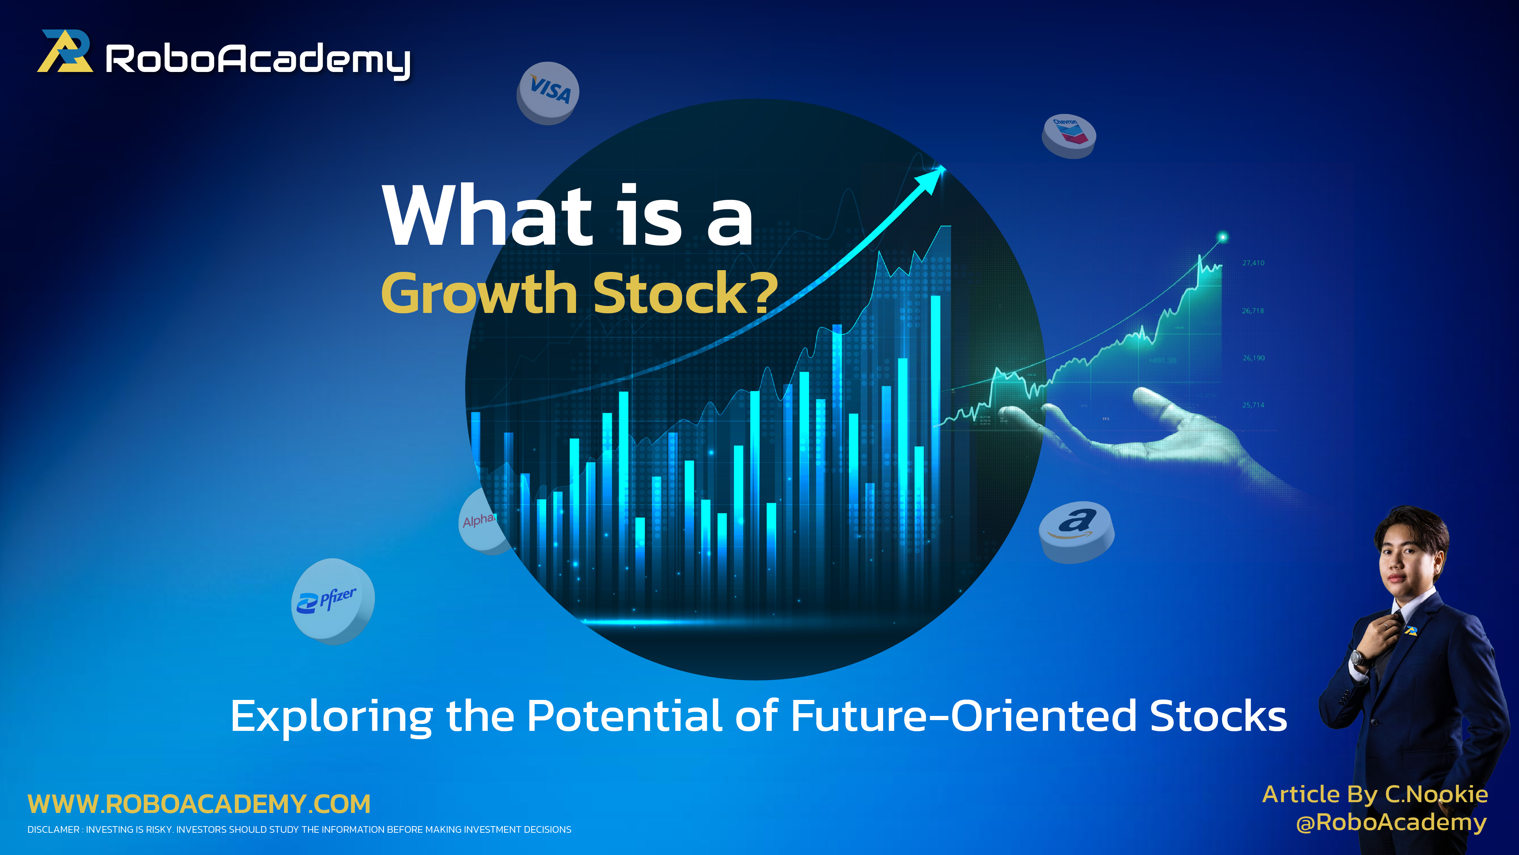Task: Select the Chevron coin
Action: (1068, 135)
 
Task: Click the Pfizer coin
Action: (332, 600)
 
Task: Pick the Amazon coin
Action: (1076, 531)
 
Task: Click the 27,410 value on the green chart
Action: (1253, 263)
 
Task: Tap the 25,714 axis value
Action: (1253, 405)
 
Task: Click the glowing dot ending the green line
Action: (1222, 237)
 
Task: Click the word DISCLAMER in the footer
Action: (53, 830)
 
